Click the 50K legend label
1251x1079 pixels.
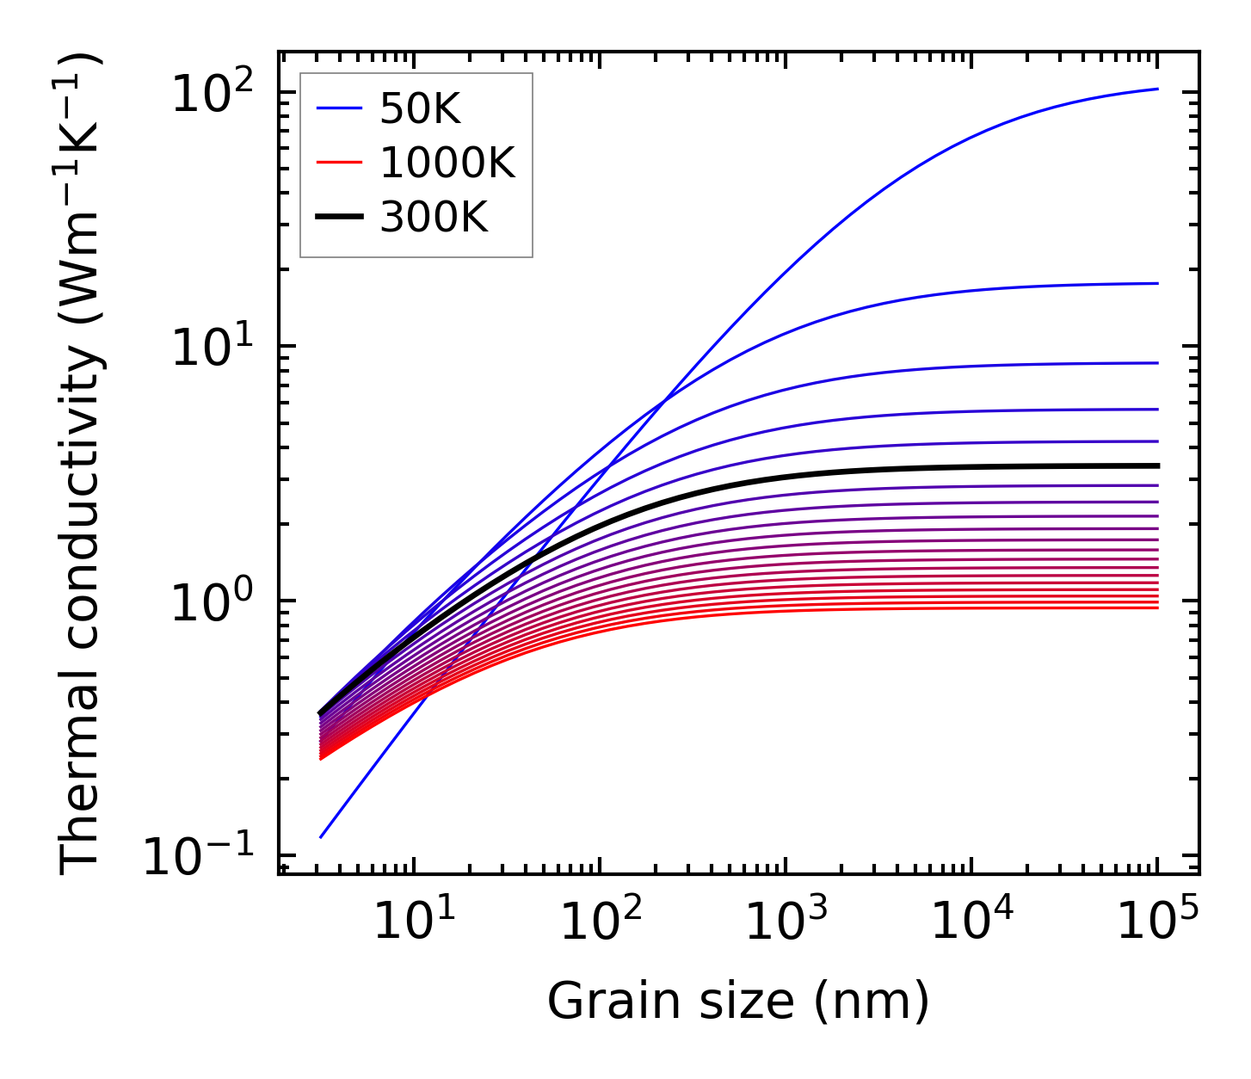420,109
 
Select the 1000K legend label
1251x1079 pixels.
447,163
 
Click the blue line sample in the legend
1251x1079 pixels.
339,109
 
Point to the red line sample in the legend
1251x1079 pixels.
339,163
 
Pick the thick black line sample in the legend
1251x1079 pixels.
339,217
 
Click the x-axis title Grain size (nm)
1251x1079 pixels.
738,1002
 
